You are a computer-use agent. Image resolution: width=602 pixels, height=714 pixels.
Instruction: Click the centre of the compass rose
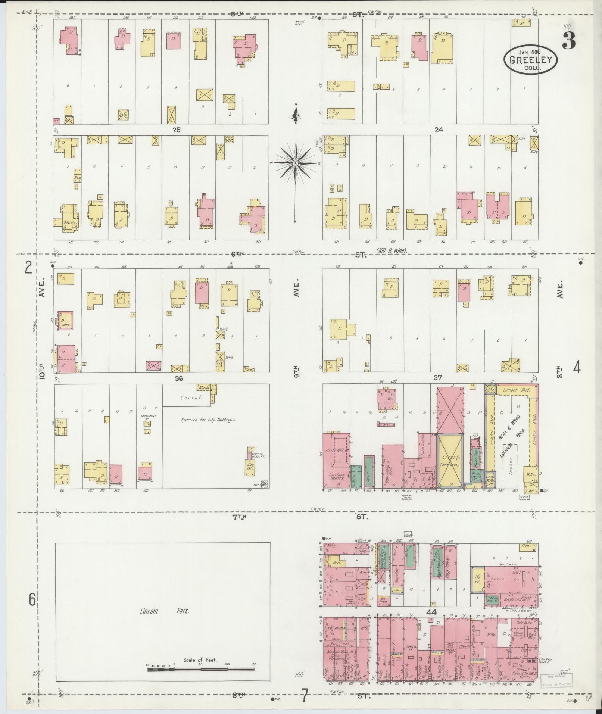coord(296,163)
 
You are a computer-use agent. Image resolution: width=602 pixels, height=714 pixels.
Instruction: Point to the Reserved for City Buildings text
coord(208,420)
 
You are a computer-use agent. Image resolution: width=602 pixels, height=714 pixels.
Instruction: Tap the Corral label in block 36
coord(191,398)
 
